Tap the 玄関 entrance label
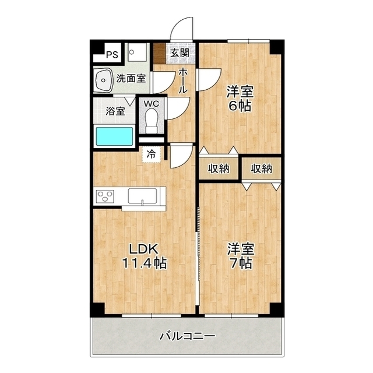(180, 53)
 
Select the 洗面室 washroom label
(131, 78)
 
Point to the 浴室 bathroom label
(115, 111)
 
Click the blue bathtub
(115, 138)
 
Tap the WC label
(152, 104)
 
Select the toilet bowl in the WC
(152, 122)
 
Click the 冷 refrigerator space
(152, 154)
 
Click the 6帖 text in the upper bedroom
(241, 107)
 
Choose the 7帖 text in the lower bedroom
(241, 263)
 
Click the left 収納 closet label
(219, 168)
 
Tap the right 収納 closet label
(262, 168)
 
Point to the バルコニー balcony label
(187, 336)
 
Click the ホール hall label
(182, 81)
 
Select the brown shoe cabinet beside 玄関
(160, 53)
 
